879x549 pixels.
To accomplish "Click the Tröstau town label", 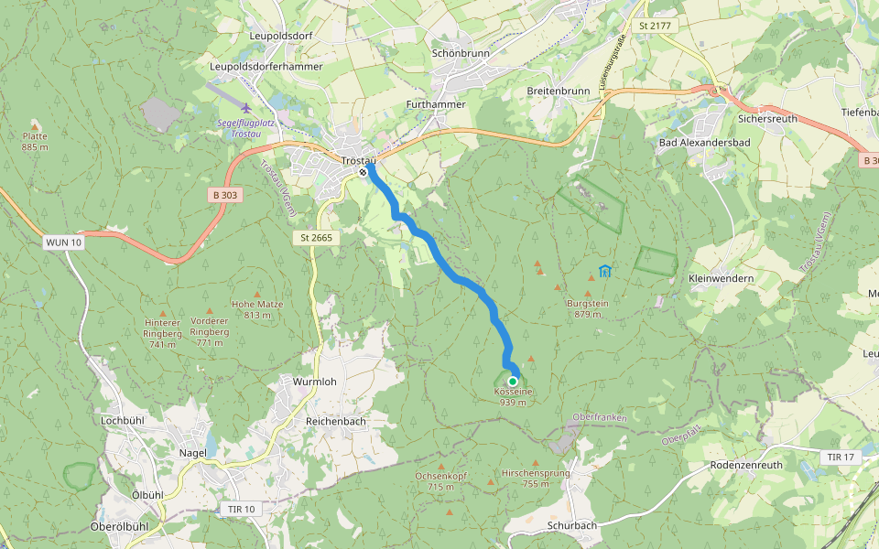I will coord(359,160).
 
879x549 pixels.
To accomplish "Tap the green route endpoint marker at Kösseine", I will coord(513,381).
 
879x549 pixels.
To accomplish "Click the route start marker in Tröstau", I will coord(364,172).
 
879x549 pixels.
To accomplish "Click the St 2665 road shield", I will coord(315,238).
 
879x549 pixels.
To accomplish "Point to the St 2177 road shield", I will coord(656,26).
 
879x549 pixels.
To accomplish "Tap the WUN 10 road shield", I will coord(62,242).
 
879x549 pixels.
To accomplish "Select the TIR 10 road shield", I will coord(237,509).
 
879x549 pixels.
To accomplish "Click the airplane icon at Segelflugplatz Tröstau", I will coord(245,109).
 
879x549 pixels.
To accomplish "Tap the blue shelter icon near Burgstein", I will coord(604,271).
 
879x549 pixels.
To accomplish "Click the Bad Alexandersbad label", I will coord(704,143).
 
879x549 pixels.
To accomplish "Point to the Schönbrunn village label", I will coord(461,54).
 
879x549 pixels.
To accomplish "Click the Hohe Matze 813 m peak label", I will coord(257,309).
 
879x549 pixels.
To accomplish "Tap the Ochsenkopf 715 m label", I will coord(440,481).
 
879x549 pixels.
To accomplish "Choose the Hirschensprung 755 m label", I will coord(536,479).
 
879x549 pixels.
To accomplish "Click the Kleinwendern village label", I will coord(721,278).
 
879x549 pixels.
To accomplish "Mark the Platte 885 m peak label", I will coord(35,141).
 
